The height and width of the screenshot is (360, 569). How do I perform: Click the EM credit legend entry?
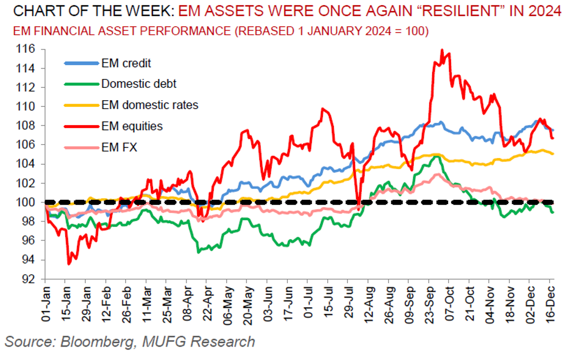click(126, 63)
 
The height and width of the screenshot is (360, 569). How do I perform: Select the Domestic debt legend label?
click(139, 84)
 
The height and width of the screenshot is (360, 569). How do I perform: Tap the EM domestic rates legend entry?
click(150, 105)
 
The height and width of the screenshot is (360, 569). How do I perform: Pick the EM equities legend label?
click(132, 126)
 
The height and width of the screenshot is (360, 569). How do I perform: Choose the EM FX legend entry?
click(120, 147)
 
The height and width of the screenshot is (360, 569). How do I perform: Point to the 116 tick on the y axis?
click(28, 50)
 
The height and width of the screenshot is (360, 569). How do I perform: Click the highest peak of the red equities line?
click(442, 50)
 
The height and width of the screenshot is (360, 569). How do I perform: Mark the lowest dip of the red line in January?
click(68, 264)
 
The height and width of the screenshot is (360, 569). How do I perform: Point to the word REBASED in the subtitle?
click(264, 31)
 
